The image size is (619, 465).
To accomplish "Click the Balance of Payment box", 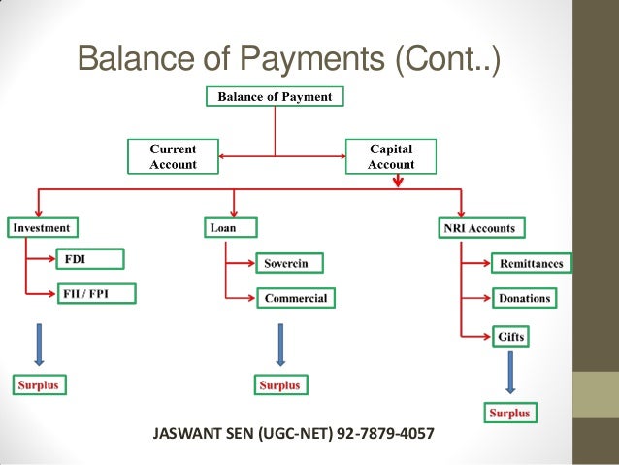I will (274, 97).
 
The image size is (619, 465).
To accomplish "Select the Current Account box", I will (173, 157).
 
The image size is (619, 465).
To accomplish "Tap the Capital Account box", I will (391, 157).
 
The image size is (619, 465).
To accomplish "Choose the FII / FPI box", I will (96, 291).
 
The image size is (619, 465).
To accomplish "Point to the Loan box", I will (220, 228).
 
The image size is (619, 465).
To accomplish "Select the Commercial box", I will (297, 298).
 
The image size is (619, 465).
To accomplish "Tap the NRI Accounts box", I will (478, 229).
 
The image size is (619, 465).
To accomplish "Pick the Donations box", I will (524, 298).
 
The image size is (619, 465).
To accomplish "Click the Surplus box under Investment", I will (37, 385).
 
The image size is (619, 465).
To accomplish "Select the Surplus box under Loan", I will (279, 385).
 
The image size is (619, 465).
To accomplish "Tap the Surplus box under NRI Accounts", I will (509, 414).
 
